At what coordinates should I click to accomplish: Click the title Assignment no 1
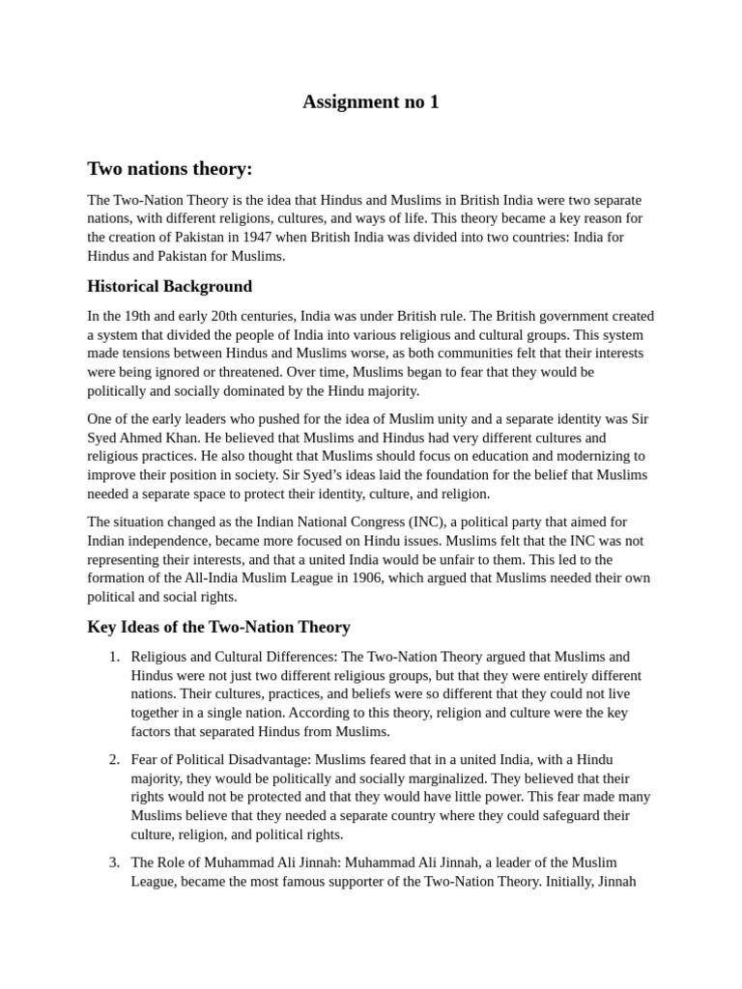tap(371, 102)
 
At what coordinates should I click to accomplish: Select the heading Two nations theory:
tap(169, 169)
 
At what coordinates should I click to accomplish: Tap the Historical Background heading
tap(169, 286)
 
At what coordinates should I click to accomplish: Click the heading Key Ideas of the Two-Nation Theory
tap(218, 627)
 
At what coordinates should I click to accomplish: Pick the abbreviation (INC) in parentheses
tap(429, 523)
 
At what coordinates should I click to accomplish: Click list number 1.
tap(114, 657)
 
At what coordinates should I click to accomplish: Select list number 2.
tap(114, 759)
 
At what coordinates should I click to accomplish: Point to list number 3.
tap(114, 862)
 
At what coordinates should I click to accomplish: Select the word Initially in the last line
tap(574, 881)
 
